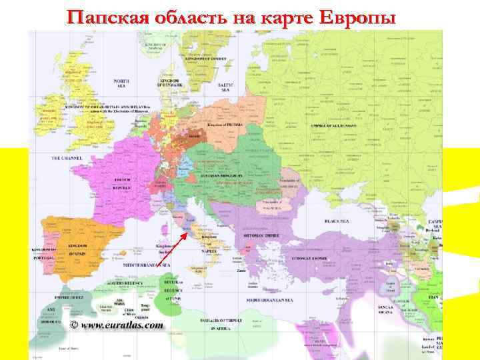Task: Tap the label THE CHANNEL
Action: point(66,159)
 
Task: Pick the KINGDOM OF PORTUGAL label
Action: point(41,253)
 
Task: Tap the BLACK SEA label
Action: point(337,221)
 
